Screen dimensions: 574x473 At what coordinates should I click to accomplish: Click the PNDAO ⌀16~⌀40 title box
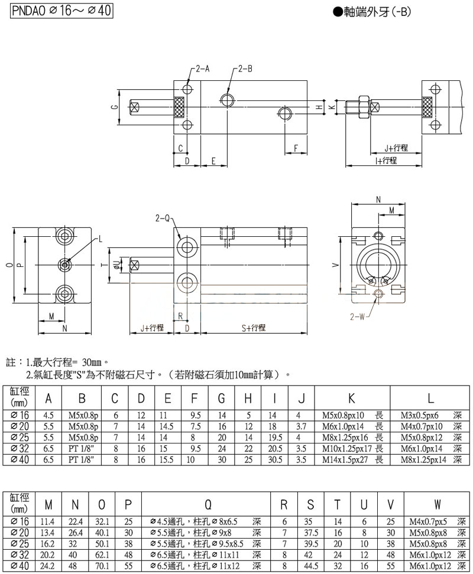(57, 11)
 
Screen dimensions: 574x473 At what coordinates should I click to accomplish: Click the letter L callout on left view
(100, 239)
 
